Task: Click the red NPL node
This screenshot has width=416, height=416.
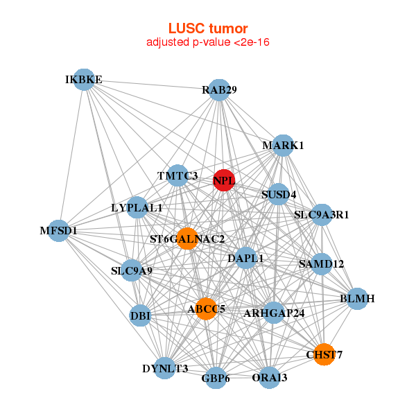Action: pyautogui.click(x=223, y=180)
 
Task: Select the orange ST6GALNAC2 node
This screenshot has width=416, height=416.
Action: pyautogui.click(x=187, y=239)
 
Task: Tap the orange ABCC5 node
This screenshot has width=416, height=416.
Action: pyautogui.click(x=206, y=309)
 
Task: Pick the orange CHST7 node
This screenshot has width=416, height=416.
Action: pyautogui.click(x=324, y=354)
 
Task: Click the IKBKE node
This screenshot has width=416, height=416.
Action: pyautogui.click(x=84, y=80)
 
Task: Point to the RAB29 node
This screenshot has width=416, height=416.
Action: pyautogui.click(x=219, y=90)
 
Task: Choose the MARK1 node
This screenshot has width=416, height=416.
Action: pyautogui.click(x=283, y=146)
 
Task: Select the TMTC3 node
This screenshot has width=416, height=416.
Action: pyautogui.click(x=178, y=176)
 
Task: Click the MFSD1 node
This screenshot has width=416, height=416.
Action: pyautogui.click(x=58, y=230)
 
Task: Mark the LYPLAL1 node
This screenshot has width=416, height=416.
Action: pyautogui.click(x=137, y=207)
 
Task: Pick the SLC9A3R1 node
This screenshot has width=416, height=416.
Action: pyautogui.click(x=321, y=214)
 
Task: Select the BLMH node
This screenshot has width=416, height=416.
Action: pyautogui.click(x=357, y=299)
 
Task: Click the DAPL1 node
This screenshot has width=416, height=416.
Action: pyautogui.click(x=245, y=259)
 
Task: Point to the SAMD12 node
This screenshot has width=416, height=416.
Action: pyautogui.click(x=321, y=263)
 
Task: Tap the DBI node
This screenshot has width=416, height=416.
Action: pyautogui.click(x=140, y=316)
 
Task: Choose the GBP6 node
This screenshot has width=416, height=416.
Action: pyautogui.click(x=216, y=379)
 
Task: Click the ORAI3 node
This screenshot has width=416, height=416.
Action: pyautogui.click(x=270, y=378)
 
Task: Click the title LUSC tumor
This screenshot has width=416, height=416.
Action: pyautogui.click(x=208, y=28)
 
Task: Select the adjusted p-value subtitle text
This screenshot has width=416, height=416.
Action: pyautogui.click(x=208, y=42)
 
